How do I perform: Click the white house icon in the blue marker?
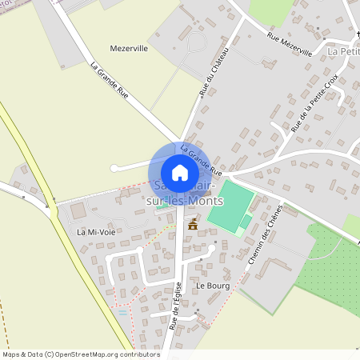pos(180,173)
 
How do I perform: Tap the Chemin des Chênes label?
pos(268,232)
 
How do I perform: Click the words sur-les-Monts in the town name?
pos(185,202)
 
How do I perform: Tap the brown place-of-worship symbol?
pos(192,226)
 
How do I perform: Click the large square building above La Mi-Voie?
pos(78,211)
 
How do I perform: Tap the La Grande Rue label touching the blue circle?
pos(202,160)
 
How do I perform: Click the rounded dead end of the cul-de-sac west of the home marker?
pos(114,168)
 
